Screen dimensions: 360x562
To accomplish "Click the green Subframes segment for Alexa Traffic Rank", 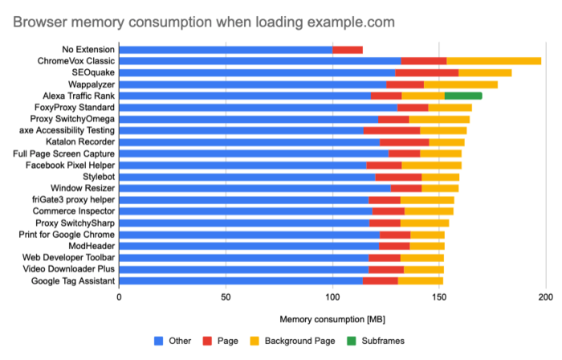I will [463, 96].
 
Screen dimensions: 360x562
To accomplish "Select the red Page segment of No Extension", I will [348, 49].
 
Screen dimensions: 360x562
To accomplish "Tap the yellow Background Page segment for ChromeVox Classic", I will [494, 61].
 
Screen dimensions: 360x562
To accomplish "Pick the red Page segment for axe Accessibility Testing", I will [392, 130].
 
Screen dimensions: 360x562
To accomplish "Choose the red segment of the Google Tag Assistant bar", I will [380, 280].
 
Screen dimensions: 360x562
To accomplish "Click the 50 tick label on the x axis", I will [226, 297].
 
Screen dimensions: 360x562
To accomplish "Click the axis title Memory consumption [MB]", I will [332, 319].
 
